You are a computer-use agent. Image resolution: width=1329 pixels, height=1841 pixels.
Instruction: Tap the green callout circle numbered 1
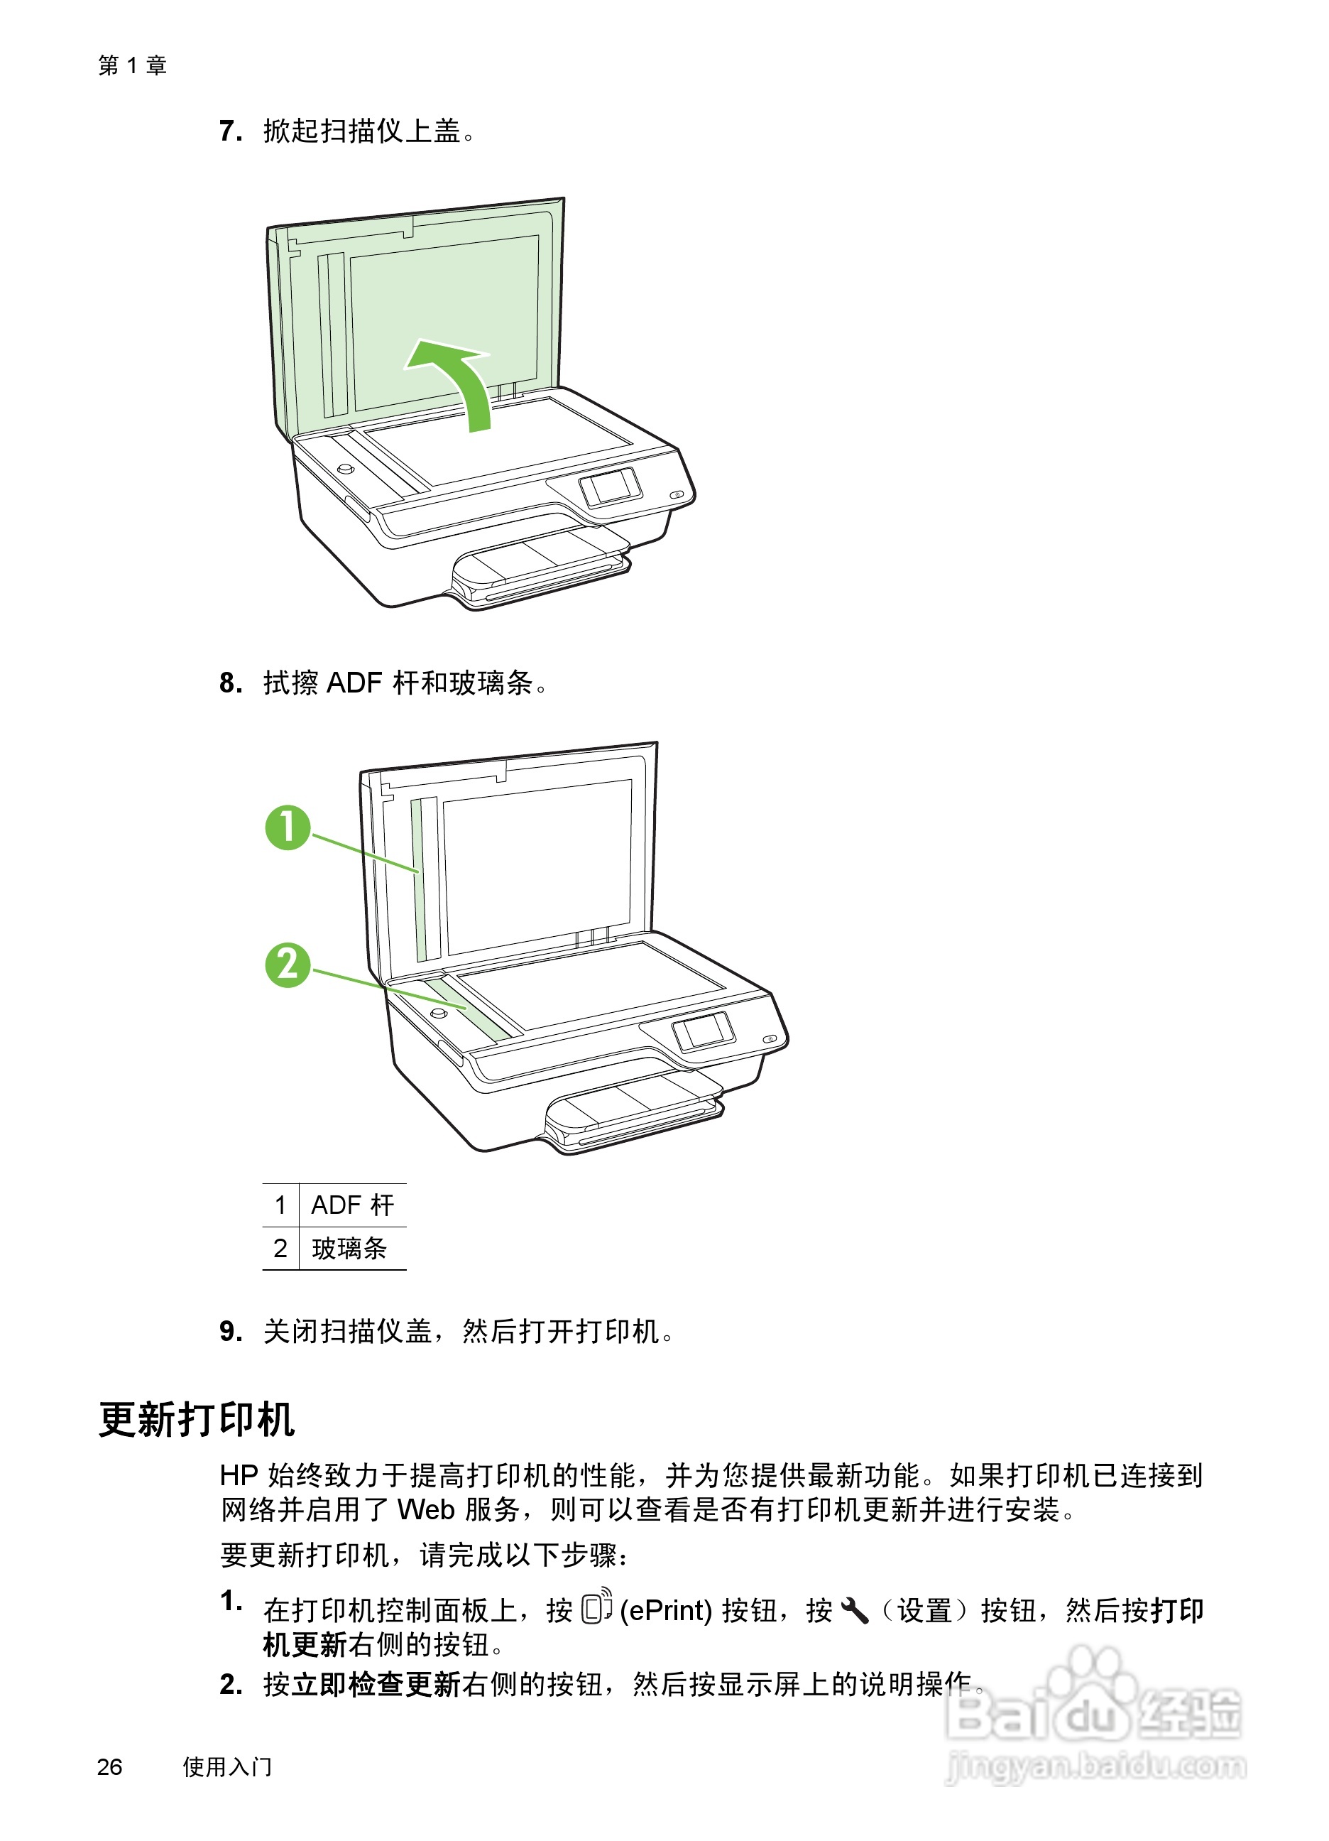click(288, 827)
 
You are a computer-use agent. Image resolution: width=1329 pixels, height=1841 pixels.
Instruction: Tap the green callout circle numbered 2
click(288, 965)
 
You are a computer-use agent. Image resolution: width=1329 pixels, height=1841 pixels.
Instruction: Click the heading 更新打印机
click(197, 1420)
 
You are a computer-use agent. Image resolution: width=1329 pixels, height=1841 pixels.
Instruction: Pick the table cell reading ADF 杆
click(352, 1205)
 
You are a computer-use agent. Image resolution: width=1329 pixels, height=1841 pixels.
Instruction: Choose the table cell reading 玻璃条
click(349, 1249)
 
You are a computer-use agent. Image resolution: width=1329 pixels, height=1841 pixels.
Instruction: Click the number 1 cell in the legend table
click(280, 1205)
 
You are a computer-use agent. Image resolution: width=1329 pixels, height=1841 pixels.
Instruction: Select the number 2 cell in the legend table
click(280, 1249)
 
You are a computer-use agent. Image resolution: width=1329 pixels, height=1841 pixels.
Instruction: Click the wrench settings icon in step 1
click(855, 1610)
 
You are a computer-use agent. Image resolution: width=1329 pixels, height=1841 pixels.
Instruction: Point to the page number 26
click(109, 1767)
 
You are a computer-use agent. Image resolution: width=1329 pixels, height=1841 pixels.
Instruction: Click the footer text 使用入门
click(227, 1767)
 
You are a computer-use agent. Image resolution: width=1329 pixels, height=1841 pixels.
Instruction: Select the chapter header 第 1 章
click(132, 65)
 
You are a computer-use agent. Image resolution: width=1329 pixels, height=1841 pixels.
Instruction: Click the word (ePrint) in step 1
click(665, 1610)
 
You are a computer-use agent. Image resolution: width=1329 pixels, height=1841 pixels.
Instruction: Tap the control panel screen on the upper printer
click(610, 487)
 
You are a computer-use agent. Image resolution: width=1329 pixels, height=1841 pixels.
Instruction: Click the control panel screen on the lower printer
click(704, 1031)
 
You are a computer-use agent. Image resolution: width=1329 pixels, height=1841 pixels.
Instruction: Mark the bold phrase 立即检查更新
click(376, 1685)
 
